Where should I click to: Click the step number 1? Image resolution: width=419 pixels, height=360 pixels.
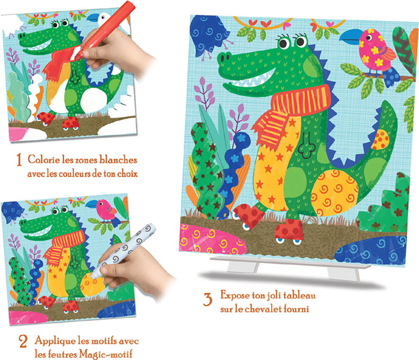tap(19, 160)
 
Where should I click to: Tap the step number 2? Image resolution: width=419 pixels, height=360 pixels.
tap(23, 341)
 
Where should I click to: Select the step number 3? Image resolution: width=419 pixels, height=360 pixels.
tap(208, 300)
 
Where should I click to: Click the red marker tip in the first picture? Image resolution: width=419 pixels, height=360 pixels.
tap(78, 57)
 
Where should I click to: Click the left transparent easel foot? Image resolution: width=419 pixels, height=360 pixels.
tap(243, 266)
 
